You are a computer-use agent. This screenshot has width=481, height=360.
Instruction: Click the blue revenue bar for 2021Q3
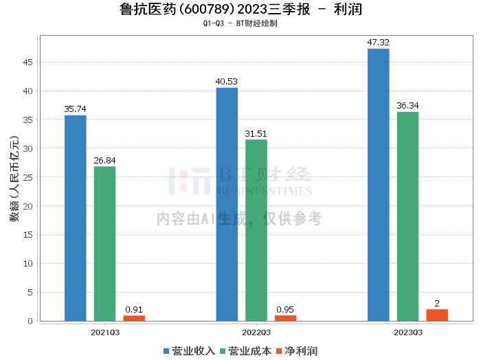(x=76, y=218)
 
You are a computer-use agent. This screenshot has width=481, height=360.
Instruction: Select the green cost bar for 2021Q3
(x=104, y=243)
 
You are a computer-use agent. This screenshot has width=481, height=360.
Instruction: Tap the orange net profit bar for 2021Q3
(x=134, y=318)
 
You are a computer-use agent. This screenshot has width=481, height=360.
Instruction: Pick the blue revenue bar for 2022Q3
(x=227, y=204)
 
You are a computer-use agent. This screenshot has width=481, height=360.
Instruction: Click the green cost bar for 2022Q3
(x=256, y=230)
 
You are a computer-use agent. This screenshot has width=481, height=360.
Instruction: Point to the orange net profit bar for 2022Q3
(x=285, y=318)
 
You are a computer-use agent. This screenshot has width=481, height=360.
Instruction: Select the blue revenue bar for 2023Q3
(x=378, y=185)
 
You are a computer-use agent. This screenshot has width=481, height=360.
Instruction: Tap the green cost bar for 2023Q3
(x=407, y=216)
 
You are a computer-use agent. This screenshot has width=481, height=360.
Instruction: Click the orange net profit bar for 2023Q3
(x=437, y=315)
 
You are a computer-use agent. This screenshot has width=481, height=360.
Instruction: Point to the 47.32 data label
(x=378, y=43)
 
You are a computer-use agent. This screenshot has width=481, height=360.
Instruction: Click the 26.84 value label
(x=104, y=160)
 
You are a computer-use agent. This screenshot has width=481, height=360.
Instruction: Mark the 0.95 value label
(x=285, y=309)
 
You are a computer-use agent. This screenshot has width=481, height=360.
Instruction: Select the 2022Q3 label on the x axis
(x=256, y=332)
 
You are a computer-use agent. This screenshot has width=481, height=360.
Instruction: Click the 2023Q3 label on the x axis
(x=407, y=332)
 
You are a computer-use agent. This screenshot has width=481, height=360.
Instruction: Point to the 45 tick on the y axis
(x=28, y=63)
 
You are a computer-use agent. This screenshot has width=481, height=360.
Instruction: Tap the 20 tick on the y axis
(x=28, y=206)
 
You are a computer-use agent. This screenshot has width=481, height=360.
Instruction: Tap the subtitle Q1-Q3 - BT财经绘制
(x=240, y=23)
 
